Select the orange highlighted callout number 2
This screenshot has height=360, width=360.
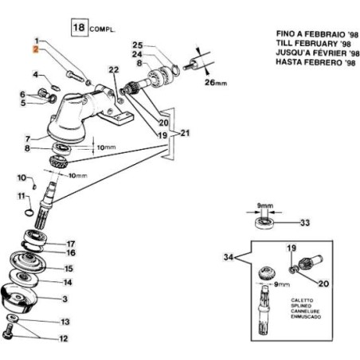[36, 49]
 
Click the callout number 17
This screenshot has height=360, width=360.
[70, 244]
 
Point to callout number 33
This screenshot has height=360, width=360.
[304, 223]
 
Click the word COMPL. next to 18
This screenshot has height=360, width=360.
[105, 28]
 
